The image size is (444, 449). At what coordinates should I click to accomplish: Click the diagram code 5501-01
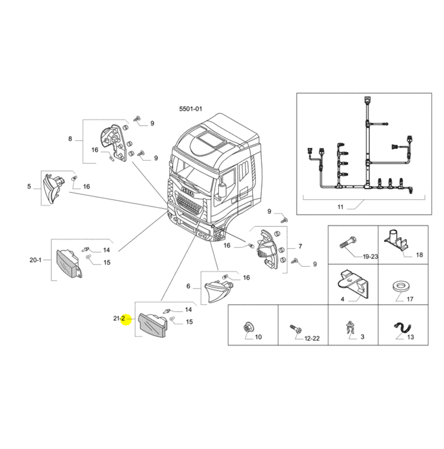[191, 109]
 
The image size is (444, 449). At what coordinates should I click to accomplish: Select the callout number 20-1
[35, 260]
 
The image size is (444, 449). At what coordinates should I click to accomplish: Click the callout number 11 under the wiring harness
[340, 207]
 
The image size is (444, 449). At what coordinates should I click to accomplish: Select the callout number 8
[70, 139]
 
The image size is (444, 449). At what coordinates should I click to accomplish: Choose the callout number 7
[300, 246]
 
